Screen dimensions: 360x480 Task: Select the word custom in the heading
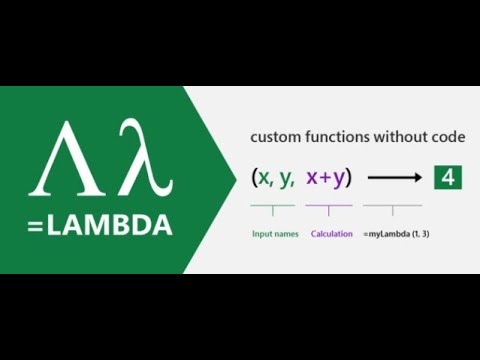(x=273, y=136)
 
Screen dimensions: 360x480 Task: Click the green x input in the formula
(x=264, y=178)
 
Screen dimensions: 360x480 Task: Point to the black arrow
(x=394, y=179)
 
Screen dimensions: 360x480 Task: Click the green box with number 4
(x=446, y=178)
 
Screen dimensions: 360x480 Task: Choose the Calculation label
(x=329, y=234)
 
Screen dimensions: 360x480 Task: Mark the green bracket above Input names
(x=273, y=208)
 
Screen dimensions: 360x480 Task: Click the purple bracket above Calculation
(x=329, y=208)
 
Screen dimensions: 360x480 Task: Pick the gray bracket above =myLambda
(x=392, y=208)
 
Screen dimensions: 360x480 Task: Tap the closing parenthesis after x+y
(x=348, y=178)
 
